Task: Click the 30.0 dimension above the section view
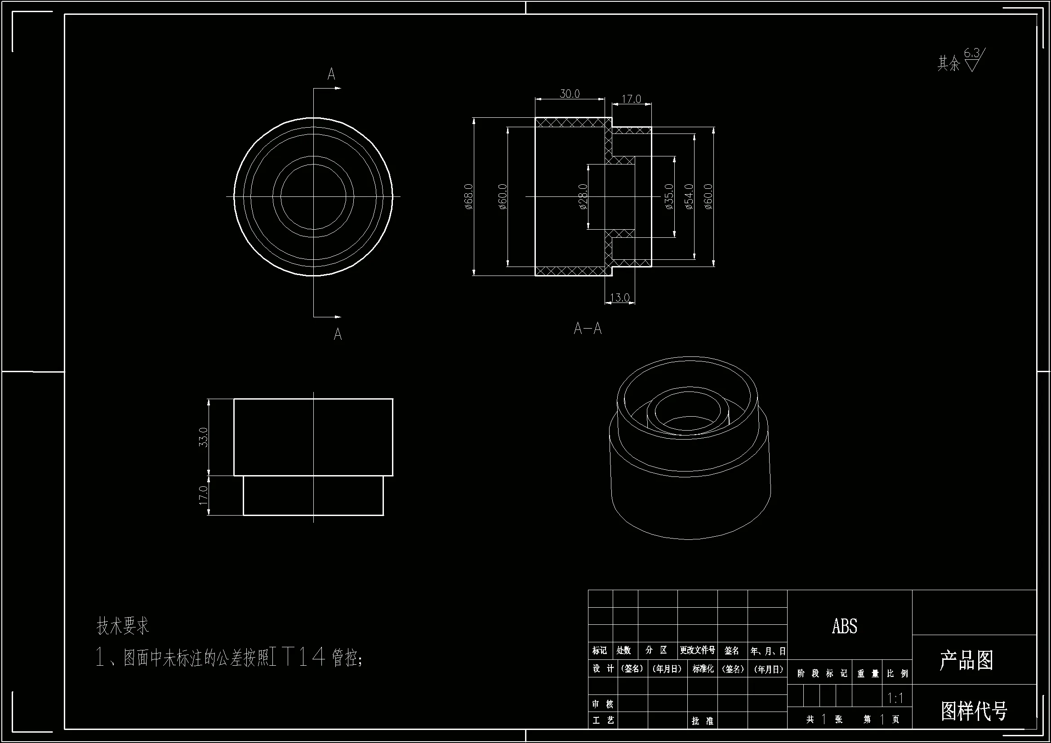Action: (570, 93)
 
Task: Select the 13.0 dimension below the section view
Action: (620, 298)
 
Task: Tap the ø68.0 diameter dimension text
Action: (468, 197)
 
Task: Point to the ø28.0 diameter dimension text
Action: (583, 197)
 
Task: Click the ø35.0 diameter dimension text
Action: (669, 197)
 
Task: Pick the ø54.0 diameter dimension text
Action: (689, 197)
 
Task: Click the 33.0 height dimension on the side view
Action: (203, 437)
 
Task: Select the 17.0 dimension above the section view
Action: (631, 99)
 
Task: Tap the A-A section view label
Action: (587, 328)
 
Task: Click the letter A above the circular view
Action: (331, 74)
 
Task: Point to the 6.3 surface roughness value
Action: (971, 53)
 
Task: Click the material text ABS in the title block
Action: (845, 626)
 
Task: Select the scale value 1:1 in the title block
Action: (895, 698)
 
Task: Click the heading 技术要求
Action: (123, 626)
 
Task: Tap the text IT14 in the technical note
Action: (298, 658)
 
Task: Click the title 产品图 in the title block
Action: (966, 660)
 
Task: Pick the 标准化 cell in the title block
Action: (703, 669)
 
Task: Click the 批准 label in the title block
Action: (702, 721)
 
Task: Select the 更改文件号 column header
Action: (697, 650)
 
